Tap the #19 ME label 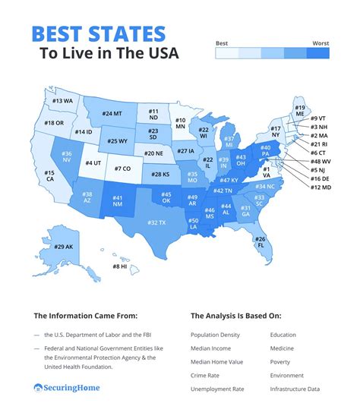pyautogui.click(x=300, y=112)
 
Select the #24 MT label pyautogui.click(x=112, y=114)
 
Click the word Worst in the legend pyautogui.click(x=320, y=43)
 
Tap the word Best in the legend pyautogui.click(x=223, y=43)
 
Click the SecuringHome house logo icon pyautogui.click(x=38, y=388)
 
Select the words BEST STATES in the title pyautogui.click(x=99, y=33)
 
